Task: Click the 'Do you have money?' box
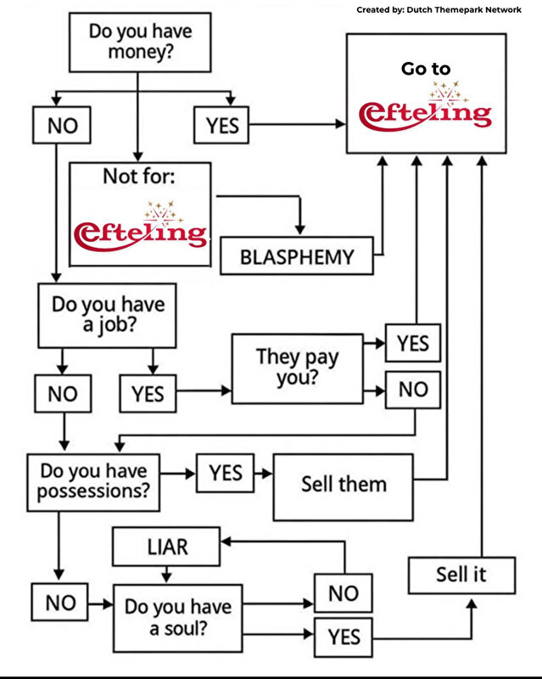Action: [x=140, y=42]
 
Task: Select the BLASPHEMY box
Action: [x=297, y=257]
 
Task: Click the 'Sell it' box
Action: [x=462, y=575]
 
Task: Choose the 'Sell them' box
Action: [x=344, y=485]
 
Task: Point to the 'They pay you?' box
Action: [x=296, y=368]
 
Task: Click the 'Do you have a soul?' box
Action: [x=178, y=618]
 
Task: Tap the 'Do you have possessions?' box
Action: [x=93, y=481]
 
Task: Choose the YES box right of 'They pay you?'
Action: [x=413, y=345]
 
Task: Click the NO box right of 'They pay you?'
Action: [x=413, y=390]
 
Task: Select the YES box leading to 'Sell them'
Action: [x=225, y=472]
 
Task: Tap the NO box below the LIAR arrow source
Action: [x=343, y=592]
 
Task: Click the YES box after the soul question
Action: [x=343, y=637]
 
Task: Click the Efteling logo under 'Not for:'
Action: [x=140, y=229]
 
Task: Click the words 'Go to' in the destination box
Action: [x=426, y=69]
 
